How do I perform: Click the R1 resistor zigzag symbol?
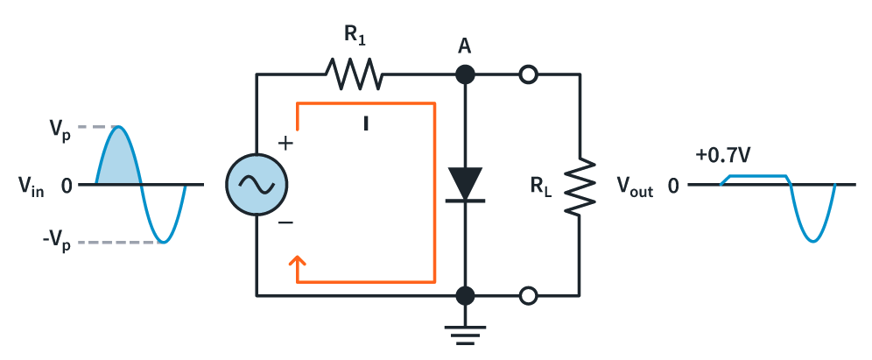point(355,74)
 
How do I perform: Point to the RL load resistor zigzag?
point(579,185)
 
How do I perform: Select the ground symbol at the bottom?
point(465,334)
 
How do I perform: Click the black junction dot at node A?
point(465,75)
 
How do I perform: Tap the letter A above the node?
point(465,46)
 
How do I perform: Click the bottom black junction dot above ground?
point(465,295)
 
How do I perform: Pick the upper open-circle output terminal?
point(527,75)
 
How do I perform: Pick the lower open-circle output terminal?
point(527,296)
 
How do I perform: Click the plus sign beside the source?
point(285,143)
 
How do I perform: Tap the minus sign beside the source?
point(285,223)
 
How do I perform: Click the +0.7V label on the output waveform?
point(723,156)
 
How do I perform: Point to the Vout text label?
point(636,186)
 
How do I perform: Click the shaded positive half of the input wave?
point(118,162)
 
